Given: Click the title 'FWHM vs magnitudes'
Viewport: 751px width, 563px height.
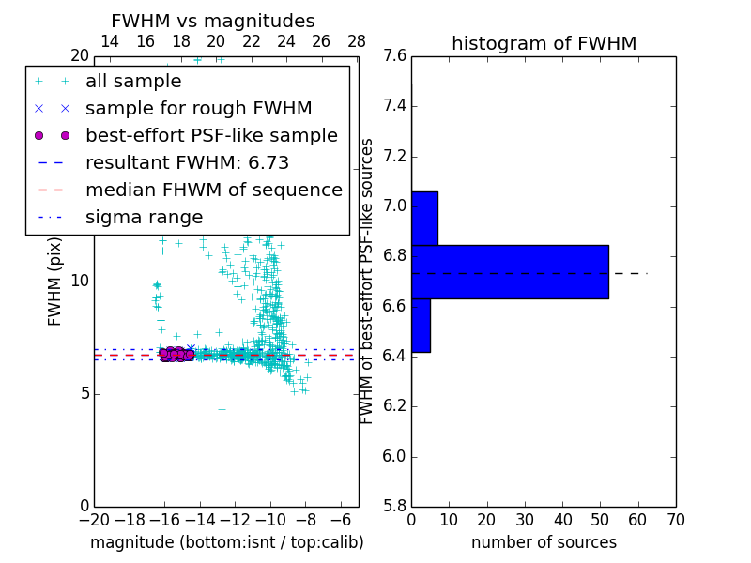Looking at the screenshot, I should (x=213, y=21).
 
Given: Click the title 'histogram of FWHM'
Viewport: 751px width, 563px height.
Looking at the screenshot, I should (x=544, y=43).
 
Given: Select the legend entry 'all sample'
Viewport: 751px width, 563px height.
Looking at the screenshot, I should (x=133, y=82).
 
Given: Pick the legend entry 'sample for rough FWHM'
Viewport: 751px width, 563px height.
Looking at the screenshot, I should (x=198, y=109).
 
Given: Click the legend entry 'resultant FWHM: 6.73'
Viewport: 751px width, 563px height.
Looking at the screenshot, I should (x=187, y=163).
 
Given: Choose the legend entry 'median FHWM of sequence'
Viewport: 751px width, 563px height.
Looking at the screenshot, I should (x=213, y=190).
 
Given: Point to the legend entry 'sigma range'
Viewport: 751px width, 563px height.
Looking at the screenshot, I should (x=144, y=218).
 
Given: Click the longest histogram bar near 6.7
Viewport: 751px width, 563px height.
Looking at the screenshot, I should (x=510, y=272).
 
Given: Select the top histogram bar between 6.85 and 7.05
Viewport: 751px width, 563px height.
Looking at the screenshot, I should (x=424, y=219).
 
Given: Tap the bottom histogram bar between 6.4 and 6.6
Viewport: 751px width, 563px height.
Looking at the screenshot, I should (x=421, y=326).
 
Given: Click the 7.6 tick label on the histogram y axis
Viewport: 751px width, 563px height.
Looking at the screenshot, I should (x=395, y=55).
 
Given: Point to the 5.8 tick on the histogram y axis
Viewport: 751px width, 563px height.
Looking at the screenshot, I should (x=395, y=506).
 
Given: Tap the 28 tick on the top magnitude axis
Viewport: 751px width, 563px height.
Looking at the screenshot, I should (x=357, y=41).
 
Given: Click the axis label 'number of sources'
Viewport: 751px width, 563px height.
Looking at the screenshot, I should (x=544, y=542).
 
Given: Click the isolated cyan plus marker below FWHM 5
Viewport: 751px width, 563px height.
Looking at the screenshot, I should (x=222, y=409).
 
